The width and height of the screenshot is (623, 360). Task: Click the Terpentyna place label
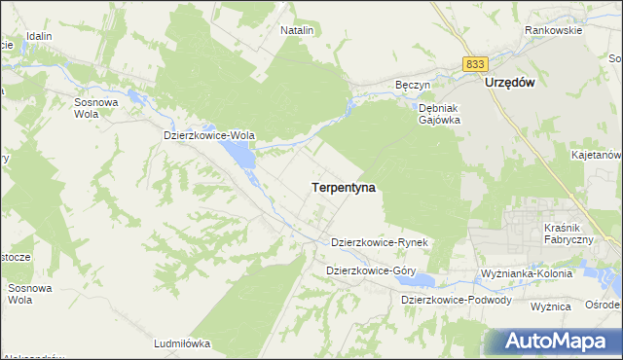coord(345,186)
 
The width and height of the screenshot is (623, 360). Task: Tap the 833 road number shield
coord(475,63)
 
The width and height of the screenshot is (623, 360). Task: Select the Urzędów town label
coord(510,84)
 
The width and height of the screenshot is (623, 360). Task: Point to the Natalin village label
coord(297,30)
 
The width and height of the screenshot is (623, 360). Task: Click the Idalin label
coord(39,36)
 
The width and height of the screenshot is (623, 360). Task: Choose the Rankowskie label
coord(553,30)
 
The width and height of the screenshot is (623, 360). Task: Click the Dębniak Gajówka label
coord(438,115)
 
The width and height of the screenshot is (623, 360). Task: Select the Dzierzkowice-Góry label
coord(371,270)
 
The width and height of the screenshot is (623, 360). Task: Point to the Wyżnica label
coord(549,306)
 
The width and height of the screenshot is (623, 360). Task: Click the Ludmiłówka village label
coord(182,343)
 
